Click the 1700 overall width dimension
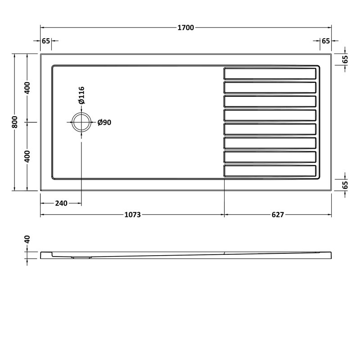tap(186, 27)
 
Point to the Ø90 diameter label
tap(104, 122)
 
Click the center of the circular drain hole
tap(81, 122)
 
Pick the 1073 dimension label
tap(132, 215)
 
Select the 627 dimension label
tap(278, 215)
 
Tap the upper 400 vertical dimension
tap(27, 88)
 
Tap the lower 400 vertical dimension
tap(27, 156)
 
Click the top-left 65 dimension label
tap(45, 41)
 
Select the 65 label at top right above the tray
tap(326, 41)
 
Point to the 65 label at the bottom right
tap(345, 185)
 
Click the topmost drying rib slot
tap(270, 73)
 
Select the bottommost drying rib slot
tap(270, 171)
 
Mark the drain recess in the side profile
tap(81, 257)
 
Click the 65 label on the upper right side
tap(345, 58)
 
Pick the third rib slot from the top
tap(270, 101)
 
